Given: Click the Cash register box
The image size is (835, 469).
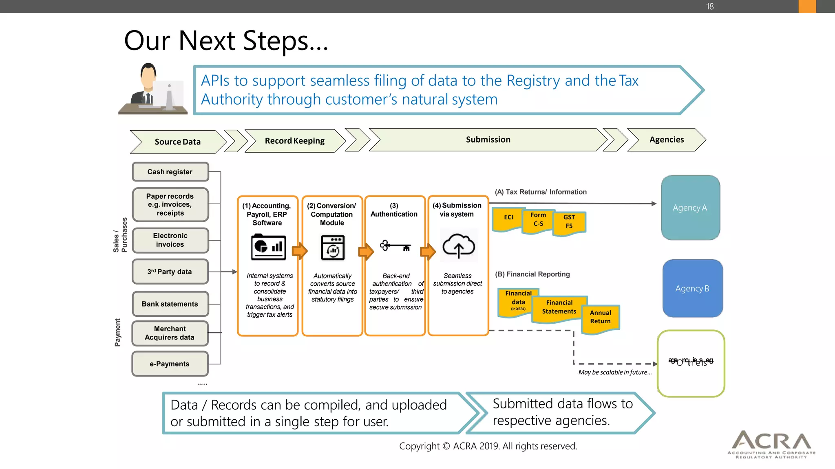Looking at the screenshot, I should [x=170, y=172].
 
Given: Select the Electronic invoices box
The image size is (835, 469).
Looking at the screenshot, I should [x=170, y=240].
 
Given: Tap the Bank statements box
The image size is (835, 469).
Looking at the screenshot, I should [x=170, y=304].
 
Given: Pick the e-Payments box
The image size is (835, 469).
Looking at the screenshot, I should [x=170, y=364].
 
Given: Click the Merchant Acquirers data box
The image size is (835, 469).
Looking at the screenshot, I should [x=170, y=333].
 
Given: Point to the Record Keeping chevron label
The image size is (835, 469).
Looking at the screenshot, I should [x=294, y=141].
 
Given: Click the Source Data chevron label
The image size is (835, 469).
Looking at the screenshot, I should [x=177, y=142].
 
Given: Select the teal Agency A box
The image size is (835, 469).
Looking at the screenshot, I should [x=690, y=208].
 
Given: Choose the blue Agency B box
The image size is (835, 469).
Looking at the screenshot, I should [x=692, y=288].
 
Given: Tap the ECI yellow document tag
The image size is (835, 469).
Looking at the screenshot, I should [x=508, y=217].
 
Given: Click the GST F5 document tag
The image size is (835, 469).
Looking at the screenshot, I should [x=569, y=221].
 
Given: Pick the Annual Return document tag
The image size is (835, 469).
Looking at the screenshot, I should [x=600, y=317].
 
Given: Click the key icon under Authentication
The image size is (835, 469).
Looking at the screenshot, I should [x=395, y=246].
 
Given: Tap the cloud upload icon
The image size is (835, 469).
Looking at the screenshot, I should [x=459, y=246].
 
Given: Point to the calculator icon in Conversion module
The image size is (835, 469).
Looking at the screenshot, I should [x=333, y=248].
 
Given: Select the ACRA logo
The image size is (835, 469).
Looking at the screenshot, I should [x=771, y=444].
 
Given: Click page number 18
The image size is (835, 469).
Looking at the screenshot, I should [x=710, y=7].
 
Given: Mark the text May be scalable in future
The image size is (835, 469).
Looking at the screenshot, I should [x=615, y=372].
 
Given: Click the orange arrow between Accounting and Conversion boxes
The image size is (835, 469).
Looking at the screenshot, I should [x=300, y=251].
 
